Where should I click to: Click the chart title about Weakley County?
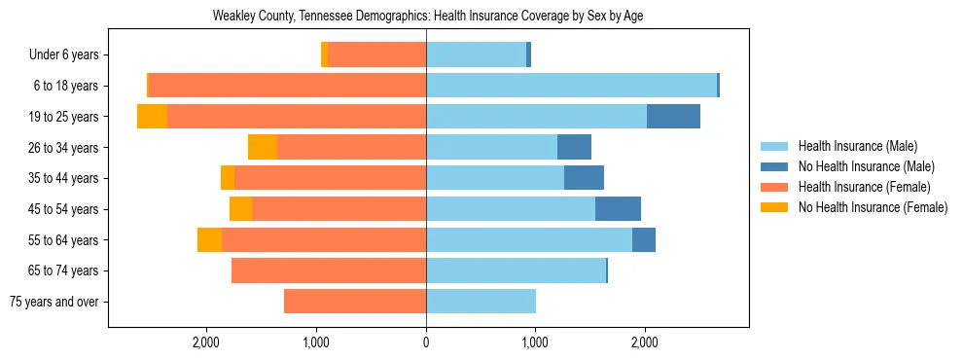pos(428,16)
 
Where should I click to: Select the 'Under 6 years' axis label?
pos(64,55)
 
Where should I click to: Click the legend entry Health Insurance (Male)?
pos(857,146)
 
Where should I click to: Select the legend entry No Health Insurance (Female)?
pos(873,207)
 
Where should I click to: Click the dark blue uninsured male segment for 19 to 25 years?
pos(673,117)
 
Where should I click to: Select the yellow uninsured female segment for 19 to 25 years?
pos(152,117)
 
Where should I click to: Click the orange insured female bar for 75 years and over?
pos(355,302)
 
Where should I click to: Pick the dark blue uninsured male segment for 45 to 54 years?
pos(618,209)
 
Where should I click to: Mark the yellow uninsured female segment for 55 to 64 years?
pos(209,240)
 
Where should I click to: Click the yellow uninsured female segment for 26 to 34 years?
pos(263,148)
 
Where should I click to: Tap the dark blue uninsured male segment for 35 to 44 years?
pos(584,178)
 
